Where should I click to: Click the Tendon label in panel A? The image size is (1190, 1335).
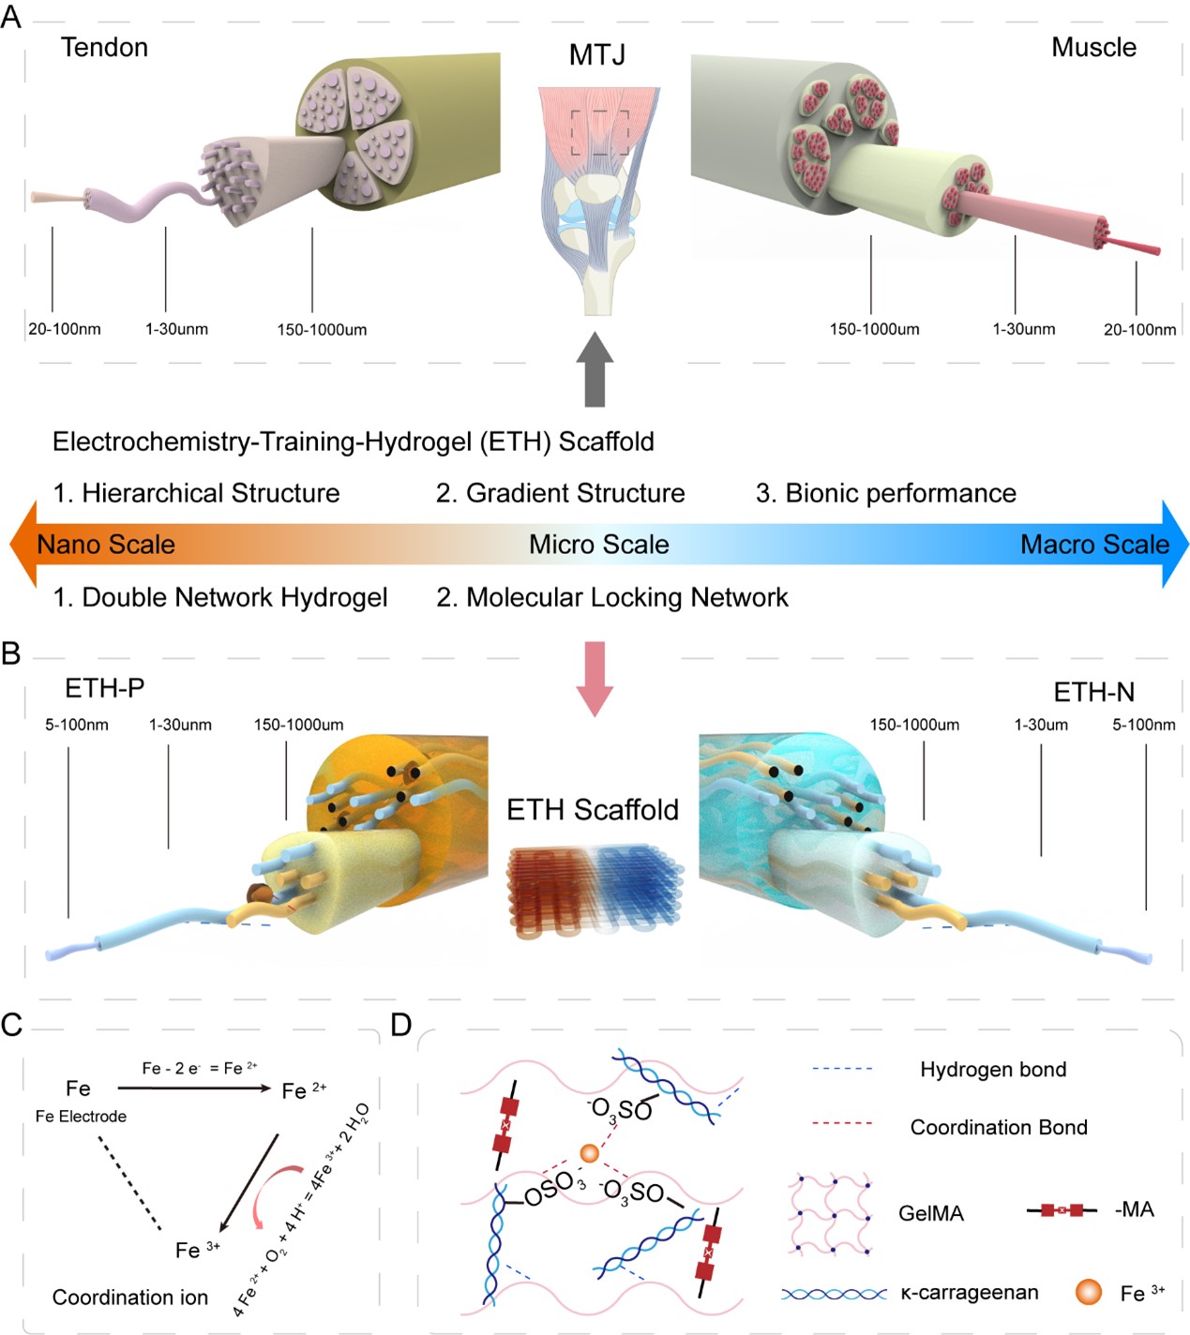104,47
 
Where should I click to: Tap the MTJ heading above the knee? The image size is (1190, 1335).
596,55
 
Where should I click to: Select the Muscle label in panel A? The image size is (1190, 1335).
1093,47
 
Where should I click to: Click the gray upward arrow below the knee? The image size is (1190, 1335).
595,369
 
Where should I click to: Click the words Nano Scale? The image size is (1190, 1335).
106,545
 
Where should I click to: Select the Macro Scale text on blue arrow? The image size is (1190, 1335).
1094,545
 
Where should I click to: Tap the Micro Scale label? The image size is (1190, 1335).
598,545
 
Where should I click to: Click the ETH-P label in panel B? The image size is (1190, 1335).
104,689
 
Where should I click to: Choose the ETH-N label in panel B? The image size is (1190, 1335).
1093,693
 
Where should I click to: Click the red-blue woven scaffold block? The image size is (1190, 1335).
595,890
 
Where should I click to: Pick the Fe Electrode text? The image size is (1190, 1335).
81,1117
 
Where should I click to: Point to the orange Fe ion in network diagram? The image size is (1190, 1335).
589,1152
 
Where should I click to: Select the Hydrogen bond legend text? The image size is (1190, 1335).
993,1070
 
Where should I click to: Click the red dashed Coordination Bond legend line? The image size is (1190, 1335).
841,1123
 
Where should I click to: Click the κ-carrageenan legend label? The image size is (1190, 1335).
970,1293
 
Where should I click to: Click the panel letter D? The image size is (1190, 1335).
401,1025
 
